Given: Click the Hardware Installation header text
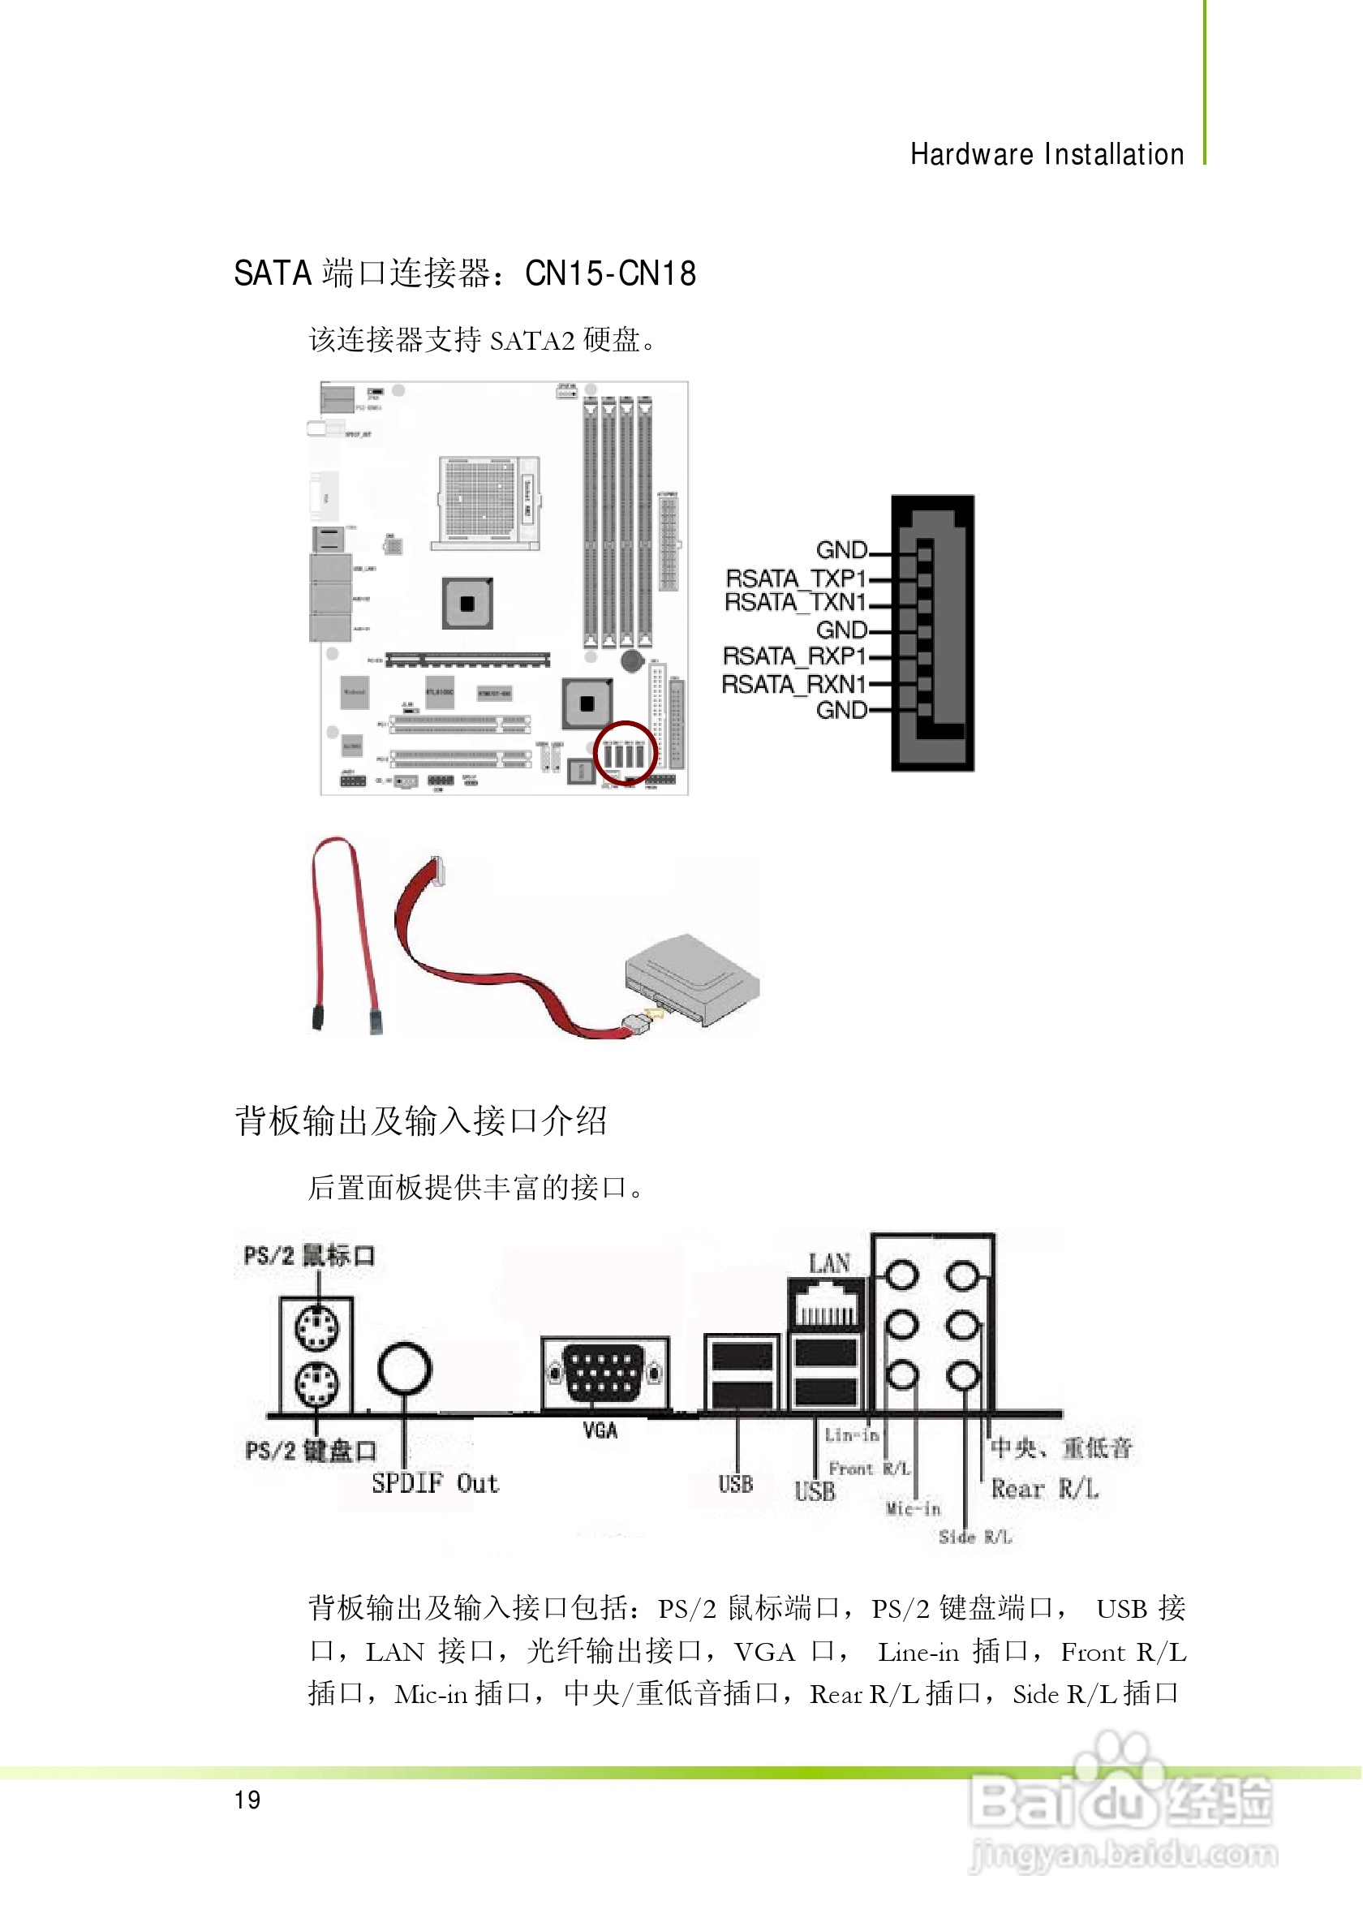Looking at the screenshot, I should click(x=1047, y=155).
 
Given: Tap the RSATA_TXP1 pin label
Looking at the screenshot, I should click(x=795, y=578).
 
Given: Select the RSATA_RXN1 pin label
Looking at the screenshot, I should click(x=793, y=685).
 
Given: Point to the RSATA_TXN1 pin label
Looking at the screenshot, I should click(x=795, y=602).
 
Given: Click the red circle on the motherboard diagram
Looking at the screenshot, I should click(x=625, y=754).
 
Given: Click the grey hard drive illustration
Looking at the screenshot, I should click(x=693, y=979).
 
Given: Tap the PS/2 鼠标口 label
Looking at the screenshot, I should click(x=308, y=1256).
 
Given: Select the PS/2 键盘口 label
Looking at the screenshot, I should click(x=310, y=1451).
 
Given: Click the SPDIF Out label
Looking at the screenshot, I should click(x=436, y=1484).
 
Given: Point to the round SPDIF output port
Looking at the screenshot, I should click(x=405, y=1370).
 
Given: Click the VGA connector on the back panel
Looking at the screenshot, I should click(x=604, y=1373).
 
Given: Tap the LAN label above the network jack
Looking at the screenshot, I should click(x=829, y=1263).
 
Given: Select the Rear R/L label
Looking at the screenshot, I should click(x=1044, y=1490).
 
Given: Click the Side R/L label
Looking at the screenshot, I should click(x=975, y=1537).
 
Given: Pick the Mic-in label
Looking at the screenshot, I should click(x=914, y=1509).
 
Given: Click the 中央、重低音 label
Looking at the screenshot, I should click(x=1061, y=1447).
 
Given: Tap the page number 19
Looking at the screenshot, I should click(x=247, y=1800).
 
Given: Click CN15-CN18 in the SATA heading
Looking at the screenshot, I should click(x=610, y=274).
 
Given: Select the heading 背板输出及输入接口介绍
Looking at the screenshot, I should click(x=420, y=1121).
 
